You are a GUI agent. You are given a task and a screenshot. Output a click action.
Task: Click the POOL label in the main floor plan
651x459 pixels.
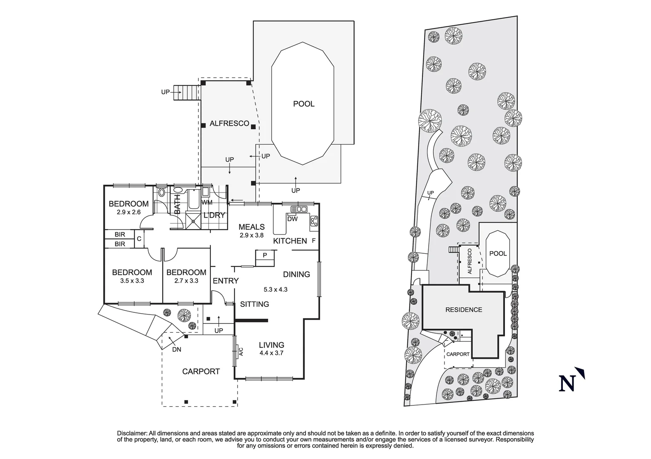point(304,104)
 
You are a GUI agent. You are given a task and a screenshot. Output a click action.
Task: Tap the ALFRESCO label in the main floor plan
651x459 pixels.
point(229,124)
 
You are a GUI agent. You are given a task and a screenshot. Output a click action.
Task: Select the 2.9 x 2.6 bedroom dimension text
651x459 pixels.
point(129,212)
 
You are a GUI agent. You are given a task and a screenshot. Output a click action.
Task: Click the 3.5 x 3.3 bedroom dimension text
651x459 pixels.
point(132,281)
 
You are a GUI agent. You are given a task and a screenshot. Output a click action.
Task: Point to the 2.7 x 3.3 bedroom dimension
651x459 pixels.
point(186,281)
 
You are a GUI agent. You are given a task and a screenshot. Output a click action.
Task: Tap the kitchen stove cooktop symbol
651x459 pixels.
point(314,221)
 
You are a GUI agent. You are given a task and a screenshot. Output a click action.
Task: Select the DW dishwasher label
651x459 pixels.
point(293,219)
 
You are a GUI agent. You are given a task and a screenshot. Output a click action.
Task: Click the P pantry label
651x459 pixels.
point(265,255)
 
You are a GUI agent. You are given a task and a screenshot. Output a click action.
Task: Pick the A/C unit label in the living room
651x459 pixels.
point(241,351)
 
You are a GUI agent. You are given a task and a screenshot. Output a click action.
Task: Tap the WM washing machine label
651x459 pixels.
point(206,202)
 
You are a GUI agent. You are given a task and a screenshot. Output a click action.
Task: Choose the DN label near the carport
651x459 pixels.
point(177,350)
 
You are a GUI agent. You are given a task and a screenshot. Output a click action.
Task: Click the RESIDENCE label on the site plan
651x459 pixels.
point(464,310)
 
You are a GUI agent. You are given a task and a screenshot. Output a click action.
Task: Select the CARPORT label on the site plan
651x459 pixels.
point(458,354)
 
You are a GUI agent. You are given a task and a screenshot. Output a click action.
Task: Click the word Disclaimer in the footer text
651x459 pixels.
point(132,433)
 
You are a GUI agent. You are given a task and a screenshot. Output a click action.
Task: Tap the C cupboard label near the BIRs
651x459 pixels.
point(139,239)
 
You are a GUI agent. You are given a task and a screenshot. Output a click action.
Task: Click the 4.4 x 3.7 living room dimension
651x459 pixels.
point(271,353)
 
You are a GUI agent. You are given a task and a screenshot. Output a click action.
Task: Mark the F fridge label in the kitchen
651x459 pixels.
point(314,241)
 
